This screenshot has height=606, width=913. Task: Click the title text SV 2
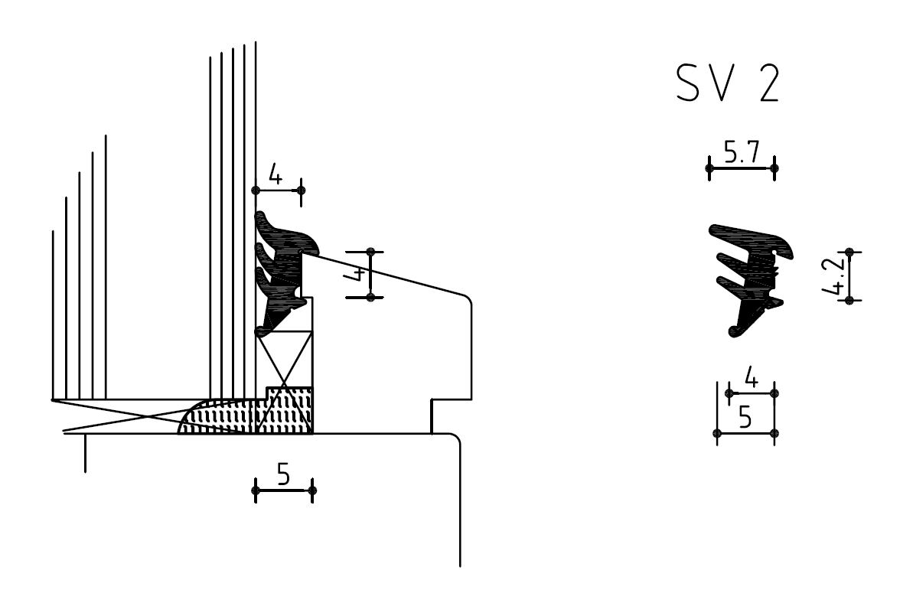728,84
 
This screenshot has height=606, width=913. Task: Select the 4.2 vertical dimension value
839,276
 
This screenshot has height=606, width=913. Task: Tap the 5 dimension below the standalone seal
744,419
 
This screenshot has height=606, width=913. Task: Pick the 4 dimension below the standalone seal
751,379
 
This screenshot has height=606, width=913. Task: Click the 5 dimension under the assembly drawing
283,476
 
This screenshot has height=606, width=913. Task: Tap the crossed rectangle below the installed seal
285,360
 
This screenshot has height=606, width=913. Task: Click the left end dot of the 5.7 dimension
709,168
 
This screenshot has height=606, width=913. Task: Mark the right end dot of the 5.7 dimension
774,168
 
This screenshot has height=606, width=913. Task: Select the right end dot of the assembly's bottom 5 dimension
312,490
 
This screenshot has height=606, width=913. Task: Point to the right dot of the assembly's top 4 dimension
301,189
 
